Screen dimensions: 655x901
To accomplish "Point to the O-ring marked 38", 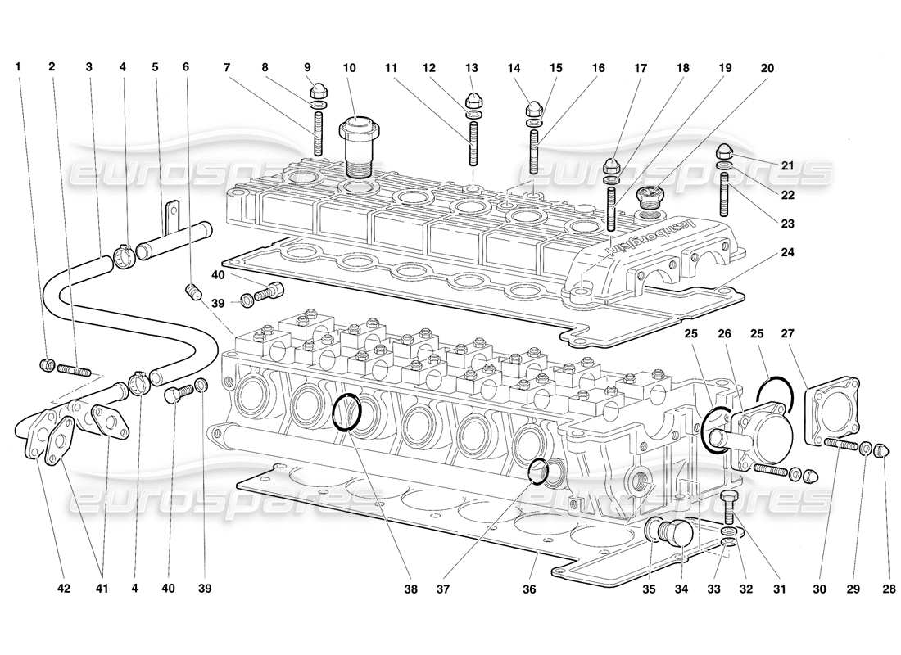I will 347,411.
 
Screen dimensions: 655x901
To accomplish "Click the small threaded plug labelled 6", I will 193,292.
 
